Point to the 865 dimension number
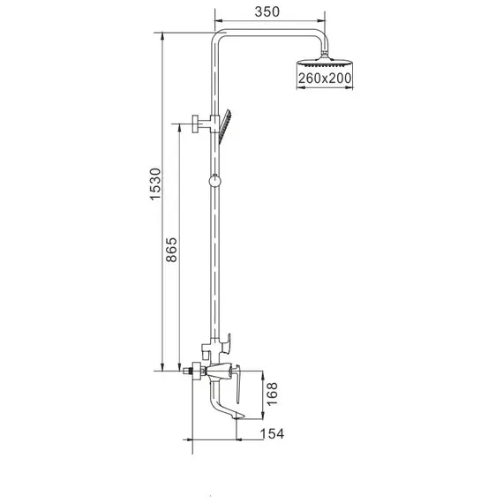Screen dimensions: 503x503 click(172, 254)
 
